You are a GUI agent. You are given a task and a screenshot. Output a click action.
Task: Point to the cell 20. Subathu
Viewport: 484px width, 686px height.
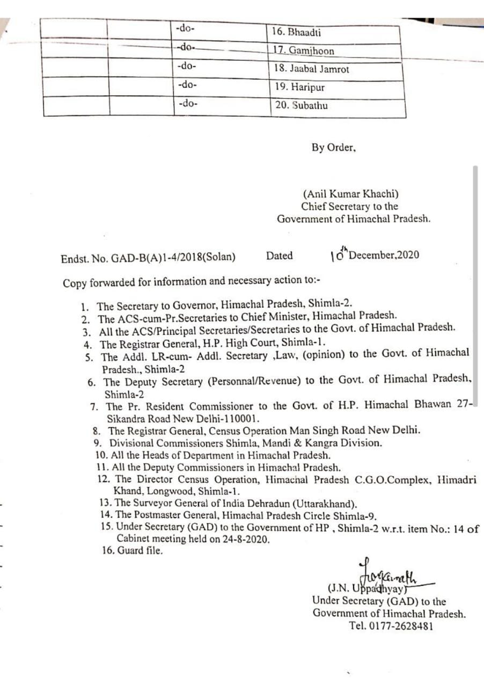click(x=301, y=106)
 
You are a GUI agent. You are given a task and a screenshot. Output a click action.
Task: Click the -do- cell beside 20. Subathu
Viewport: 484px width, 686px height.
click(x=187, y=103)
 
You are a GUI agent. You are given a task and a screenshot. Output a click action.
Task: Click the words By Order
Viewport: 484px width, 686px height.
click(x=333, y=147)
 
